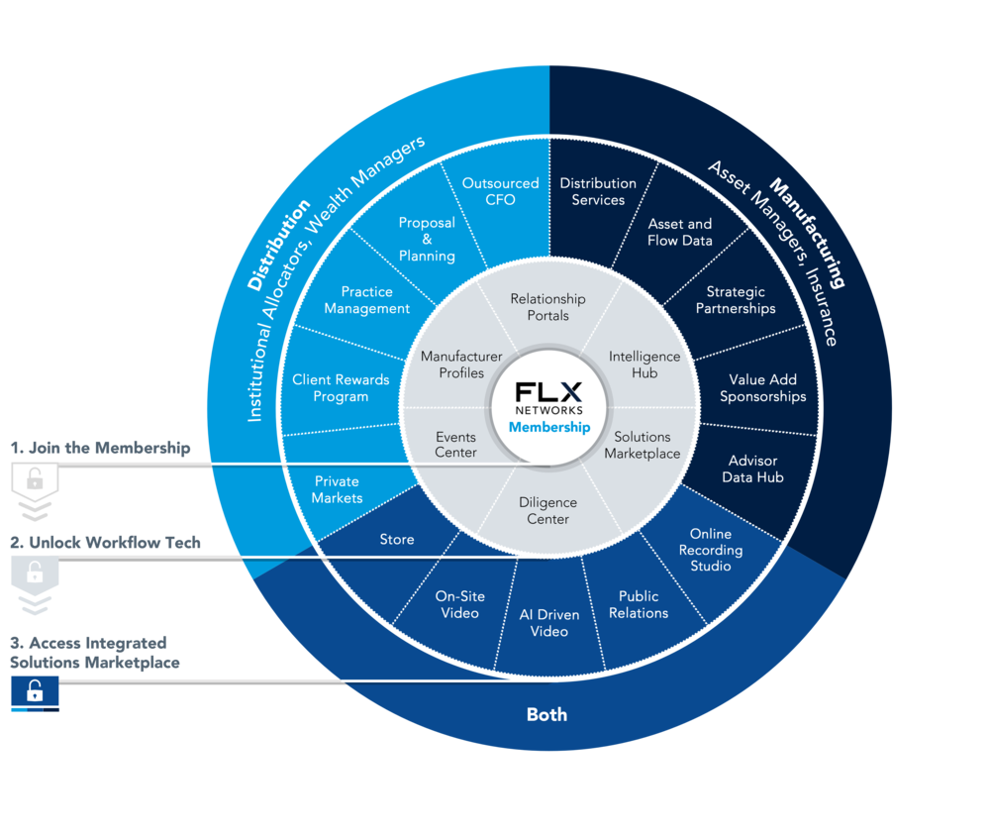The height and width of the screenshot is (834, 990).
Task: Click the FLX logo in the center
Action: tap(548, 391)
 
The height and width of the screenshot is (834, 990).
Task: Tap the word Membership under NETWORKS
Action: tap(549, 427)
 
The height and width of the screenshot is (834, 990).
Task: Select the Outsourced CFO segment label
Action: tap(501, 191)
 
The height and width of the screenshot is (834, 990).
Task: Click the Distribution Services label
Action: tap(598, 191)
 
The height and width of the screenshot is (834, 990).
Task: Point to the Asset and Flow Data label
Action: tap(680, 232)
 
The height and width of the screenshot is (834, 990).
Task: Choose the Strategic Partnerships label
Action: tap(736, 300)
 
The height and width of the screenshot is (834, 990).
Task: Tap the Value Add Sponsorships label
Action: tap(762, 388)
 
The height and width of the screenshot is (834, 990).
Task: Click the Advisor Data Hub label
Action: tap(752, 469)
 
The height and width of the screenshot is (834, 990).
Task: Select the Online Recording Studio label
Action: tap(710, 550)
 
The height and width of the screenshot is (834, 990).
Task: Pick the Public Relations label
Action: tap(639, 604)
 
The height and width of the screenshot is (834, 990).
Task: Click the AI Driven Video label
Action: tap(549, 623)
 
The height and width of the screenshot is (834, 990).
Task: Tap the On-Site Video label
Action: tap(459, 604)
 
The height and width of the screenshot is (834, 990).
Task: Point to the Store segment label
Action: tap(397, 540)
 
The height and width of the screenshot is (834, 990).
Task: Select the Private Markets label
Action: tap(338, 489)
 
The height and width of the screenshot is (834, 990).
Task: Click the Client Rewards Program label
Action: tap(341, 388)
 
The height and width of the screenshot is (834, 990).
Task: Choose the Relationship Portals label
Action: tap(548, 307)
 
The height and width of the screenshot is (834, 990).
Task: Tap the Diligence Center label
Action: tap(548, 510)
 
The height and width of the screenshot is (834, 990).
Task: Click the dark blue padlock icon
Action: tap(35, 690)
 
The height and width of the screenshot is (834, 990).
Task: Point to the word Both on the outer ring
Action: tap(546, 714)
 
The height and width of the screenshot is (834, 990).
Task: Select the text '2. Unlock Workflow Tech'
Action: tap(106, 543)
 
